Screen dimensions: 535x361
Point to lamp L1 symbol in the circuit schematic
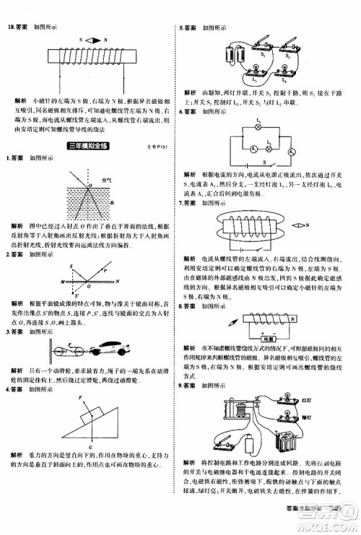(x=258, y=127)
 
